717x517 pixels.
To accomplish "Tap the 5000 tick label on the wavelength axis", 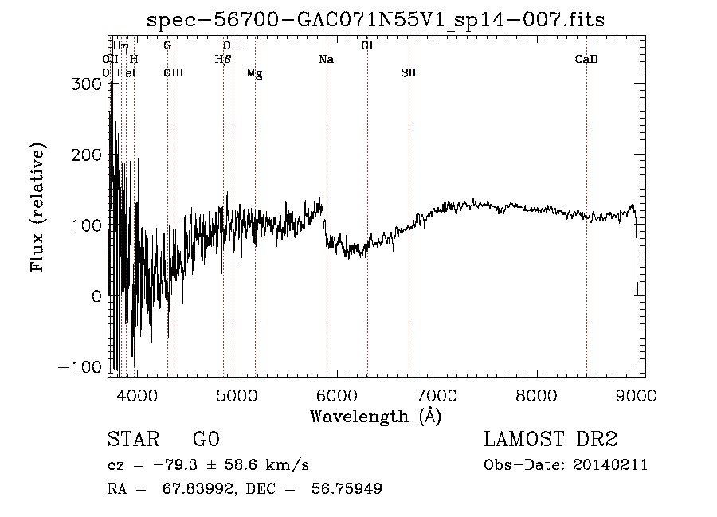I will click(236, 395).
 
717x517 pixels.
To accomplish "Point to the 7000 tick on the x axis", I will click(437, 395).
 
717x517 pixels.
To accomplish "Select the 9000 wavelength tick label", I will click(637, 395).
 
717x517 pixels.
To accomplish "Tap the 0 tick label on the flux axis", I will click(96, 296).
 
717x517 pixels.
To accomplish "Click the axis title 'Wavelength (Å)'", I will click(375, 416).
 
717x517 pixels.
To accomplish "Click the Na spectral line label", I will click(326, 60).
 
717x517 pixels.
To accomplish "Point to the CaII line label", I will click(586, 60).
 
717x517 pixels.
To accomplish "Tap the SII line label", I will click(409, 73).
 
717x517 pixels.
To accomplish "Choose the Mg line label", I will click(254, 73).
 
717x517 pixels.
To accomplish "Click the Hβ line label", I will click(223, 60).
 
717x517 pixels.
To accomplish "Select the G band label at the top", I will click(167, 46).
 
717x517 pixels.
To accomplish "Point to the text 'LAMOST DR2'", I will click(550, 440).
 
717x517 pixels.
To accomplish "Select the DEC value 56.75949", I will click(349, 489).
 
